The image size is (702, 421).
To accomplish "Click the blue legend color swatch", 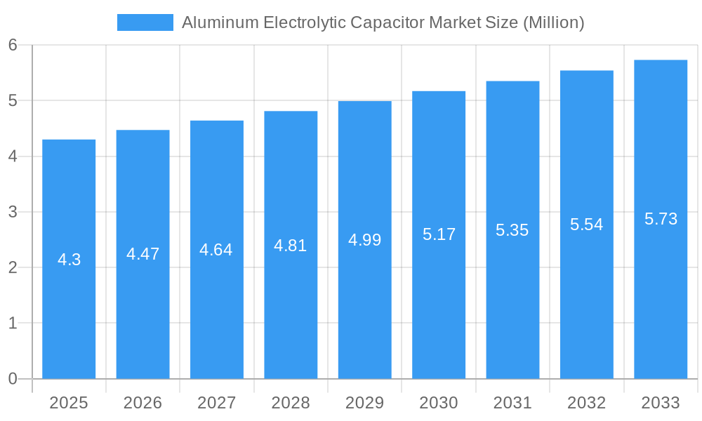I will (145, 22).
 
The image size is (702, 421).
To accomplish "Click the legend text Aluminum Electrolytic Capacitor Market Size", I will (383, 22).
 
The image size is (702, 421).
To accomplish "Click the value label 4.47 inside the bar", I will (143, 254).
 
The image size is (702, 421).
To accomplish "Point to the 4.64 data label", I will (216, 250).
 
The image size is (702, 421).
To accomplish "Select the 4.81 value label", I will (291, 246).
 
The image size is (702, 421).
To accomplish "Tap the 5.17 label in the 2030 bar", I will (439, 234).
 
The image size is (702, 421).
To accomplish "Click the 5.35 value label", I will (512, 230).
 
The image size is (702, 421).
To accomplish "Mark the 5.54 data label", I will (587, 225).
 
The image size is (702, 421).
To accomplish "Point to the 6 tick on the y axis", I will (13, 45).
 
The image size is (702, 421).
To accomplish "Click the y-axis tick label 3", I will (13, 212).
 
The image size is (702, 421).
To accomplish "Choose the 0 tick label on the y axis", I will (13, 379).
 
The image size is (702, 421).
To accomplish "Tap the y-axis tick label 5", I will (13, 101).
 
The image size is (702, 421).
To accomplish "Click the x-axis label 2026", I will (143, 403).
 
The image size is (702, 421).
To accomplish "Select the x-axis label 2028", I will (291, 403).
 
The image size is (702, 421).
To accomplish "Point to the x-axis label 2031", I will (512, 403).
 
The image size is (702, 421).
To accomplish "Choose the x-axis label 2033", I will (661, 403).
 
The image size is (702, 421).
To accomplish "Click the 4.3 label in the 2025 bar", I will (69, 260).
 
